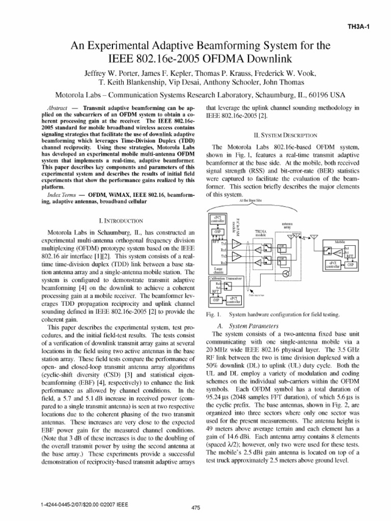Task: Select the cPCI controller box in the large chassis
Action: click(217, 219)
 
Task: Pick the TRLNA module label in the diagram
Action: click(260, 234)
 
